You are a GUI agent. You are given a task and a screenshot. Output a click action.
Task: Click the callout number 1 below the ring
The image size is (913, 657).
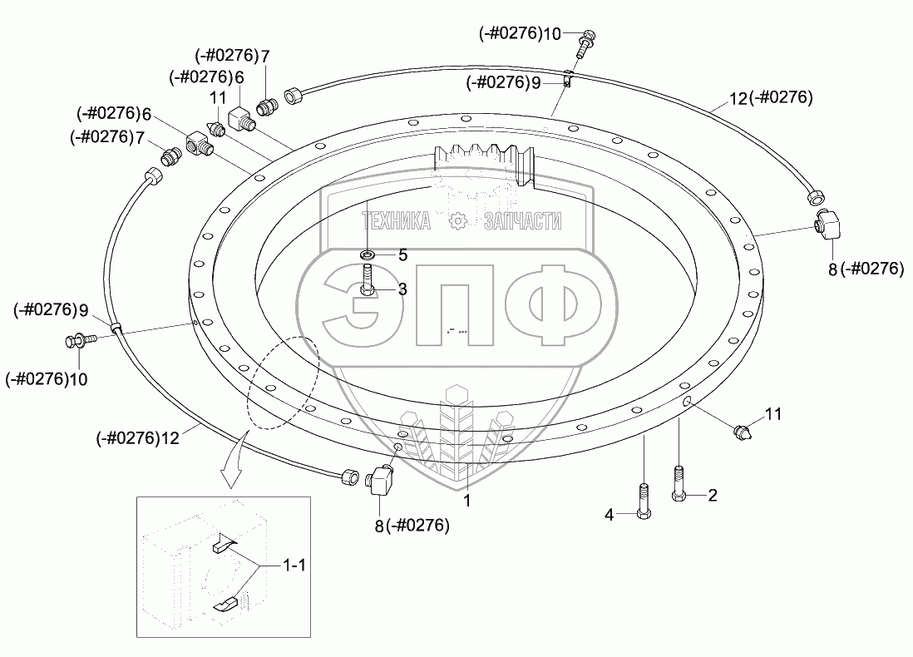467,501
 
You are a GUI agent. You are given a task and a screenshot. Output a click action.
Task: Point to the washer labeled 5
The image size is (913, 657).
367,254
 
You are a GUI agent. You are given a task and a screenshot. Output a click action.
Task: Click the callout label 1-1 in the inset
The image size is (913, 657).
294,565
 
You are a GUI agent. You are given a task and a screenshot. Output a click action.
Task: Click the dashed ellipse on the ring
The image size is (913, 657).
284,383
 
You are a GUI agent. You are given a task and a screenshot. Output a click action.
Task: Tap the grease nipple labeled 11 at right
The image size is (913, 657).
743,432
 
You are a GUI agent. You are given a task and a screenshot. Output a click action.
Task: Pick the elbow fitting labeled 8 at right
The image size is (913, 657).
827,225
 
